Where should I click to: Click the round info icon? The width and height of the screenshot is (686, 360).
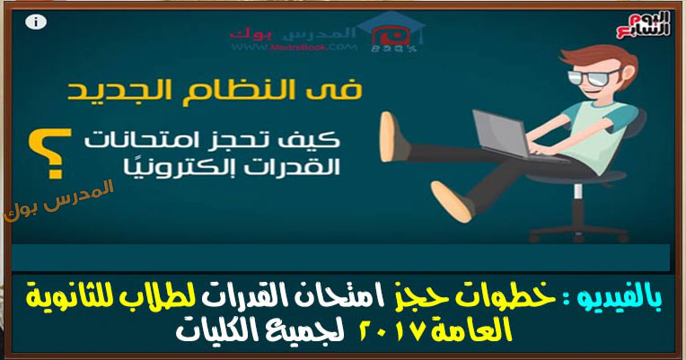(x=36, y=22)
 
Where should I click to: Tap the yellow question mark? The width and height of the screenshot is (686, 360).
(x=49, y=154)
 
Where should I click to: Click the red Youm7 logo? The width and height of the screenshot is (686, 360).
(x=643, y=25)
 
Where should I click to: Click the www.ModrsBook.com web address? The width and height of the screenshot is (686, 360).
(x=294, y=48)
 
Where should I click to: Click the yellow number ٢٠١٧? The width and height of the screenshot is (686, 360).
(x=391, y=332)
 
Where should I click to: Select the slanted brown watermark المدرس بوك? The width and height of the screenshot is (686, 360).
(x=58, y=200)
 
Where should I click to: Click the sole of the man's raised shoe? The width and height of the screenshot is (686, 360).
(x=388, y=137)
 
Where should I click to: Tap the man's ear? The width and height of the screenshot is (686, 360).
(x=629, y=73)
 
